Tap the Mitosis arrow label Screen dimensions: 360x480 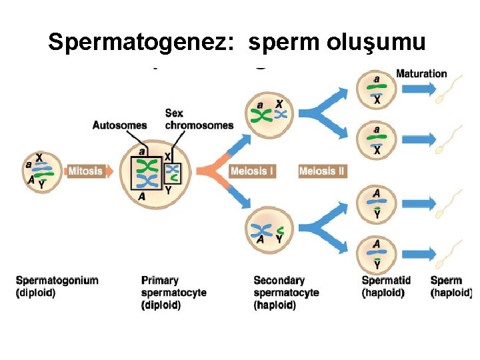[86, 171]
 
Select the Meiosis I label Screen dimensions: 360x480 [252, 171]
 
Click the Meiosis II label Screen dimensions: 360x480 [323, 171]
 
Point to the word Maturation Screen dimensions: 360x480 [421, 73]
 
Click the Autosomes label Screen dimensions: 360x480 [119, 125]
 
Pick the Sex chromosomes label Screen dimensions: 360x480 [199, 119]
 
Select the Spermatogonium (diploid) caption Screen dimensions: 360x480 [57, 286]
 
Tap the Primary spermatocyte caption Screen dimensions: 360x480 [173, 292]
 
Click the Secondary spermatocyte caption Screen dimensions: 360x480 [286, 292]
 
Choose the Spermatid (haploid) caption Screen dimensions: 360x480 [386, 286]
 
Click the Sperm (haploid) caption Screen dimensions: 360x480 [451, 286]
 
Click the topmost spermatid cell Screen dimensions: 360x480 [377, 89]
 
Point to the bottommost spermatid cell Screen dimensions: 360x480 [377, 254]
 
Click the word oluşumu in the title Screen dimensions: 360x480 [377, 42]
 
